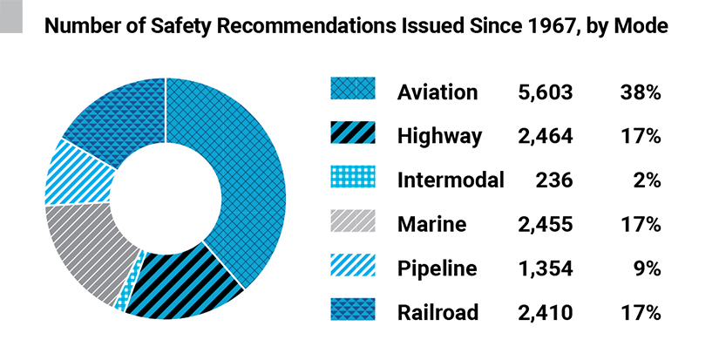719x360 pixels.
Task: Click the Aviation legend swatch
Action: pos(353,91)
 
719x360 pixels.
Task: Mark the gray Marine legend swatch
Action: pos(353,223)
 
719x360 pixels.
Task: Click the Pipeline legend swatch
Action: pos(353,267)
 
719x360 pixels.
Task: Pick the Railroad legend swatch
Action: pos(353,311)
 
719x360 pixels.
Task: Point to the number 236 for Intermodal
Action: pos(554,180)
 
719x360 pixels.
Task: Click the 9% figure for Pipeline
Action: pos(648,268)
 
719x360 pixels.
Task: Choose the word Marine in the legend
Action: pos(431,225)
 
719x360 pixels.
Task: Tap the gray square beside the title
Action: pos(11,20)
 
